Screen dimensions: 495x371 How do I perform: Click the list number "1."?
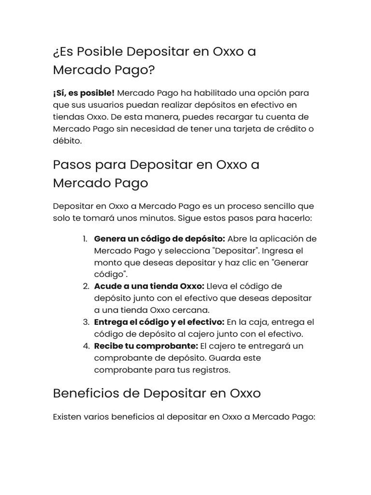pos(85,239)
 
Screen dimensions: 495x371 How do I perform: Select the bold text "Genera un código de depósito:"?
pos(159,239)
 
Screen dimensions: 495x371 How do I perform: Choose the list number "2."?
pos(86,286)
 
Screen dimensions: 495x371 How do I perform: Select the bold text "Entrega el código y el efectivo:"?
pos(159,322)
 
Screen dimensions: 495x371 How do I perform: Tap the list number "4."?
pos(86,346)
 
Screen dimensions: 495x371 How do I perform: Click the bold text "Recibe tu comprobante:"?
pos(146,346)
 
